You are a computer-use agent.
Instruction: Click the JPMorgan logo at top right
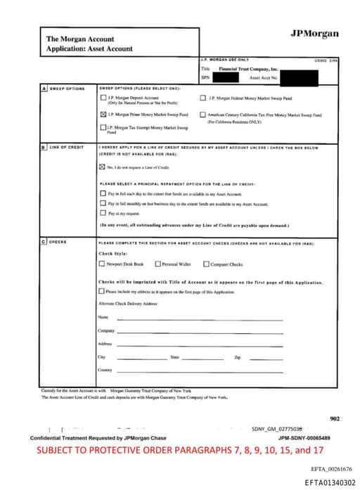pos(314,34)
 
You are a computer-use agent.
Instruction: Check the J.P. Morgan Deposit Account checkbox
pos(103,98)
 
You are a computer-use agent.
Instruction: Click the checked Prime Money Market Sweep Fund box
pos(103,114)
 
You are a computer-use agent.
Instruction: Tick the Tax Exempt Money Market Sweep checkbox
pos(103,127)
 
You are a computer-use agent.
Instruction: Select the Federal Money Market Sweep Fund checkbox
pos(203,98)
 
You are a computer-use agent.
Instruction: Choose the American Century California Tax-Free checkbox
pos(203,115)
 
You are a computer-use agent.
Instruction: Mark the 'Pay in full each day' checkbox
pos(103,193)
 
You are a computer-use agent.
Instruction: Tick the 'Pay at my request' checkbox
pos(103,212)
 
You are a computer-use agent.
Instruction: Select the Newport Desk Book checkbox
pos(102,264)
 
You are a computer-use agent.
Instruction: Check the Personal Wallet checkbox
pos(158,264)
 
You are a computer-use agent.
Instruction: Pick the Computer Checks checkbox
pos(206,264)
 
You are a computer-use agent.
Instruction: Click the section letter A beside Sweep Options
pos(44,89)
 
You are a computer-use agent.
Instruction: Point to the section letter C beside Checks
pos(44,241)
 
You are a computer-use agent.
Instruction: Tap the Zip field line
pos(264,359)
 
